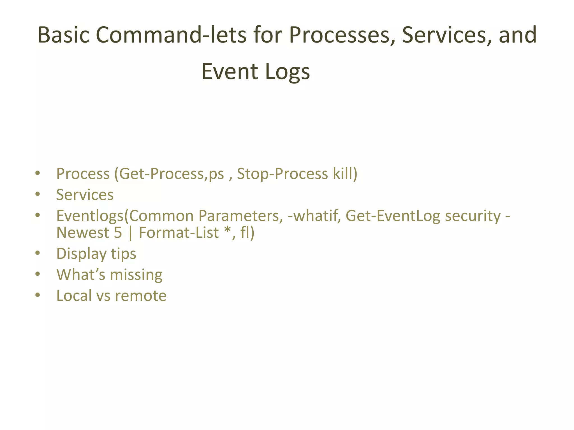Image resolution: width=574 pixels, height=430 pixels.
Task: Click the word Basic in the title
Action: (64, 35)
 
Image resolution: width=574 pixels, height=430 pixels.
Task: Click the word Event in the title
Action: (230, 72)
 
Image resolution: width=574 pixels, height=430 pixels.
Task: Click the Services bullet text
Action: (85, 195)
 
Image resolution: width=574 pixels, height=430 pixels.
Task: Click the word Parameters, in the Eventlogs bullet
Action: (241, 216)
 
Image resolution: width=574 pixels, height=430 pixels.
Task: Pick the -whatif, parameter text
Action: (314, 216)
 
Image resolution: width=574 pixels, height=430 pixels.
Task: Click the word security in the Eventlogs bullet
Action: (473, 216)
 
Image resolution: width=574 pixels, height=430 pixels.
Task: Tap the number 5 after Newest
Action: (118, 233)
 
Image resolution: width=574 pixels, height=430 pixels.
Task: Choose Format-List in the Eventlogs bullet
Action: (179, 233)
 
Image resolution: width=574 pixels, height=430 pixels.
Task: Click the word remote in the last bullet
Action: (141, 296)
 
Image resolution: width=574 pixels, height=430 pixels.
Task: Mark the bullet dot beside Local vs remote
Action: (38, 295)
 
